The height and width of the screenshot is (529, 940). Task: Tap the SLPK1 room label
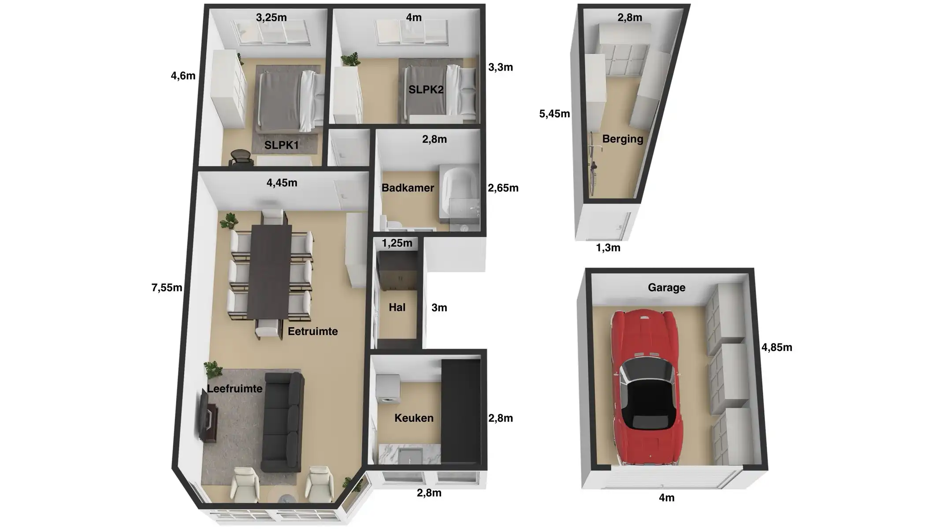coord(282,145)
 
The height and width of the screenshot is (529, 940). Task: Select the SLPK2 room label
coord(426,89)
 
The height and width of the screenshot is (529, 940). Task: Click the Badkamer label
coord(408,188)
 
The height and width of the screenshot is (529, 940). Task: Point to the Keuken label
coord(414,418)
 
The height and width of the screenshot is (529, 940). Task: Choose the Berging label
coord(622,139)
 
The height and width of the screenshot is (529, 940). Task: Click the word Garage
coord(666,287)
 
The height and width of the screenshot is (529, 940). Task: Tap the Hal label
coord(397,307)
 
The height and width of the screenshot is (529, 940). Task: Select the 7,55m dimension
coord(167,287)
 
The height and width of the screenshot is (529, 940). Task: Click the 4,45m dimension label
coord(282,183)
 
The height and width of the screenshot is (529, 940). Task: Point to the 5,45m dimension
coord(554,114)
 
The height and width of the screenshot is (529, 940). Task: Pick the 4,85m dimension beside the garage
coord(777,347)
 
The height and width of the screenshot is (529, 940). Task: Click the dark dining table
coord(270,271)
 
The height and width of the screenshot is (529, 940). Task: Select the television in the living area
coord(205,417)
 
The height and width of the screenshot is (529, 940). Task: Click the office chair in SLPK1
coord(241,158)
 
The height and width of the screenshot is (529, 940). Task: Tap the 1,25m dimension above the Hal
coord(397,243)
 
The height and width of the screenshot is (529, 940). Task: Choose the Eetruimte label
coord(312,331)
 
